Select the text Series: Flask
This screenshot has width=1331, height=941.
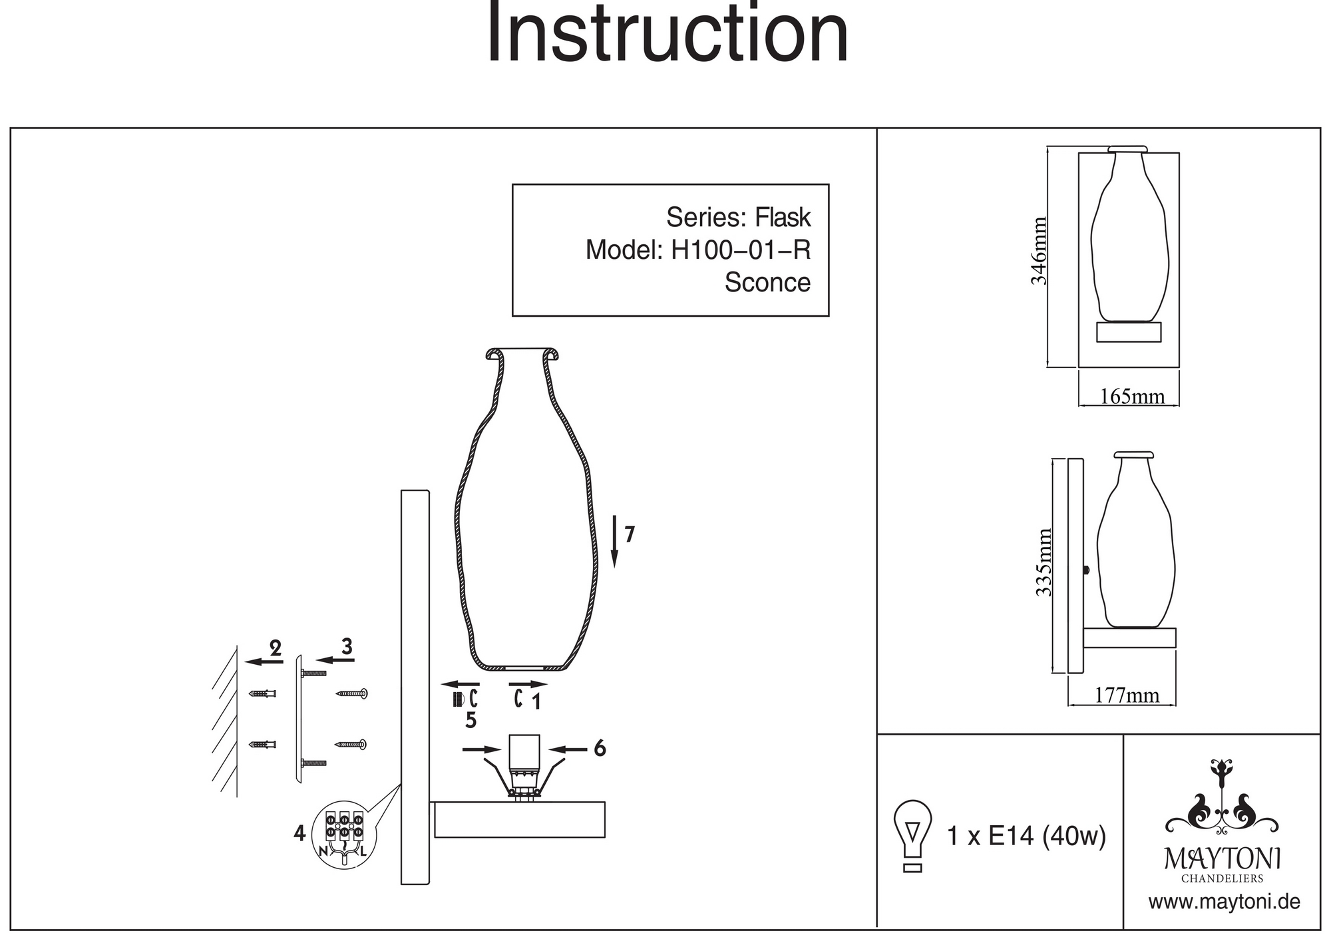(x=738, y=218)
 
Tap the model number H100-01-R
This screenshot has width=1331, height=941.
(x=741, y=250)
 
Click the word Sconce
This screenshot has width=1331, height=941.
(x=767, y=282)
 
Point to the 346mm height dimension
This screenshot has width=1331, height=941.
(x=1039, y=251)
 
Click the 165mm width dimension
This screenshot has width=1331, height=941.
(x=1132, y=397)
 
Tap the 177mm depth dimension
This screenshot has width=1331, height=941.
(x=1127, y=695)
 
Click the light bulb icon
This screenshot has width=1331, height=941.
(x=912, y=835)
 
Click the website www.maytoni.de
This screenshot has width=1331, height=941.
(x=1224, y=902)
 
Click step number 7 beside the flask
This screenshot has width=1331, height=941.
(x=630, y=534)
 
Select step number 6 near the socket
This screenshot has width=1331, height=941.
(x=600, y=749)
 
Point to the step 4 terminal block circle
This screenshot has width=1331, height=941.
(x=343, y=835)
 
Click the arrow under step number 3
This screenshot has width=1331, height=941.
(x=335, y=660)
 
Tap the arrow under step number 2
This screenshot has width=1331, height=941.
(x=264, y=661)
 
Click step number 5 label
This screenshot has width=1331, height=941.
(x=471, y=720)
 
